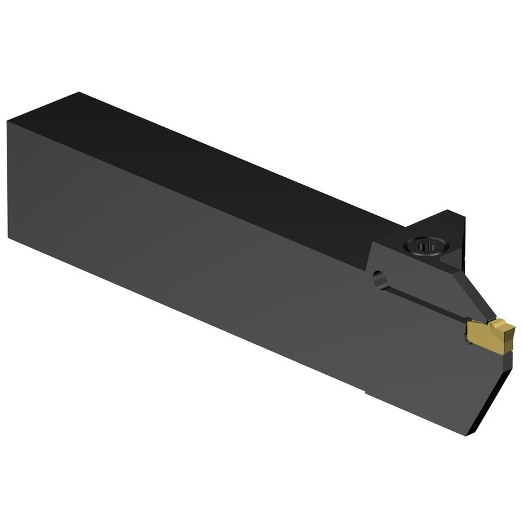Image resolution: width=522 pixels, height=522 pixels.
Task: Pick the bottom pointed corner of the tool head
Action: coord(468,435)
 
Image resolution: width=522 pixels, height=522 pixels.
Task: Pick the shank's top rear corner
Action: coord(78,93)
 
